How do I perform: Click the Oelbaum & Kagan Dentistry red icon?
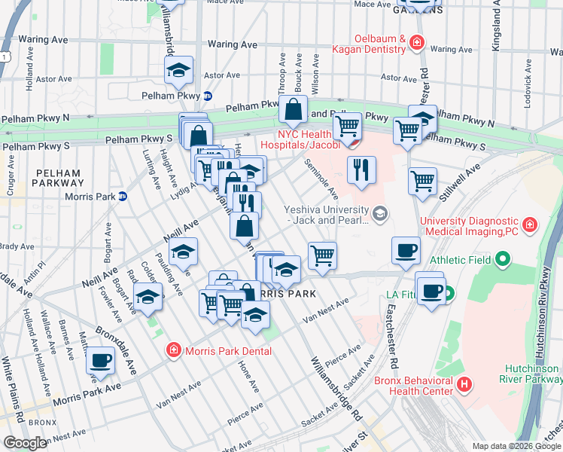pyautogui.click(x=416, y=43)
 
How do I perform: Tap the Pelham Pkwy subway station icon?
pyautogui.click(x=208, y=96)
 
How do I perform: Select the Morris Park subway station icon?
pyautogui.click(x=122, y=196)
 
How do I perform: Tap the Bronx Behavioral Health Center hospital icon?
pyautogui.click(x=464, y=383)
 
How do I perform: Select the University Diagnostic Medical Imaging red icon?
pyautogui.click(x=531, y=224)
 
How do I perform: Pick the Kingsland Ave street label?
pyautogui.click(x=496, y=27)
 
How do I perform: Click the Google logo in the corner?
pyautogui.click(x=26, y=442)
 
